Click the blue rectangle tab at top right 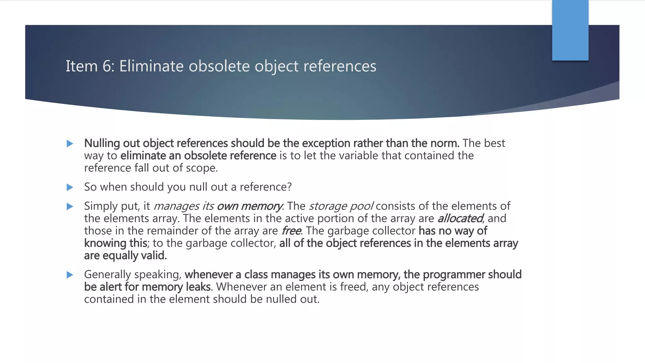tap(570, 30)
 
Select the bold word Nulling tap(102, 143)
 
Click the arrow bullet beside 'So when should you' tap(70, 187)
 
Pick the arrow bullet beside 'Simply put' tap(70, 206)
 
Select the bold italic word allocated tap(460, 218)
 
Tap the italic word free tap(291, 231)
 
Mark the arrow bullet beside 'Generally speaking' tap(70, 275)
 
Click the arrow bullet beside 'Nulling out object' tap(70, 144)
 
